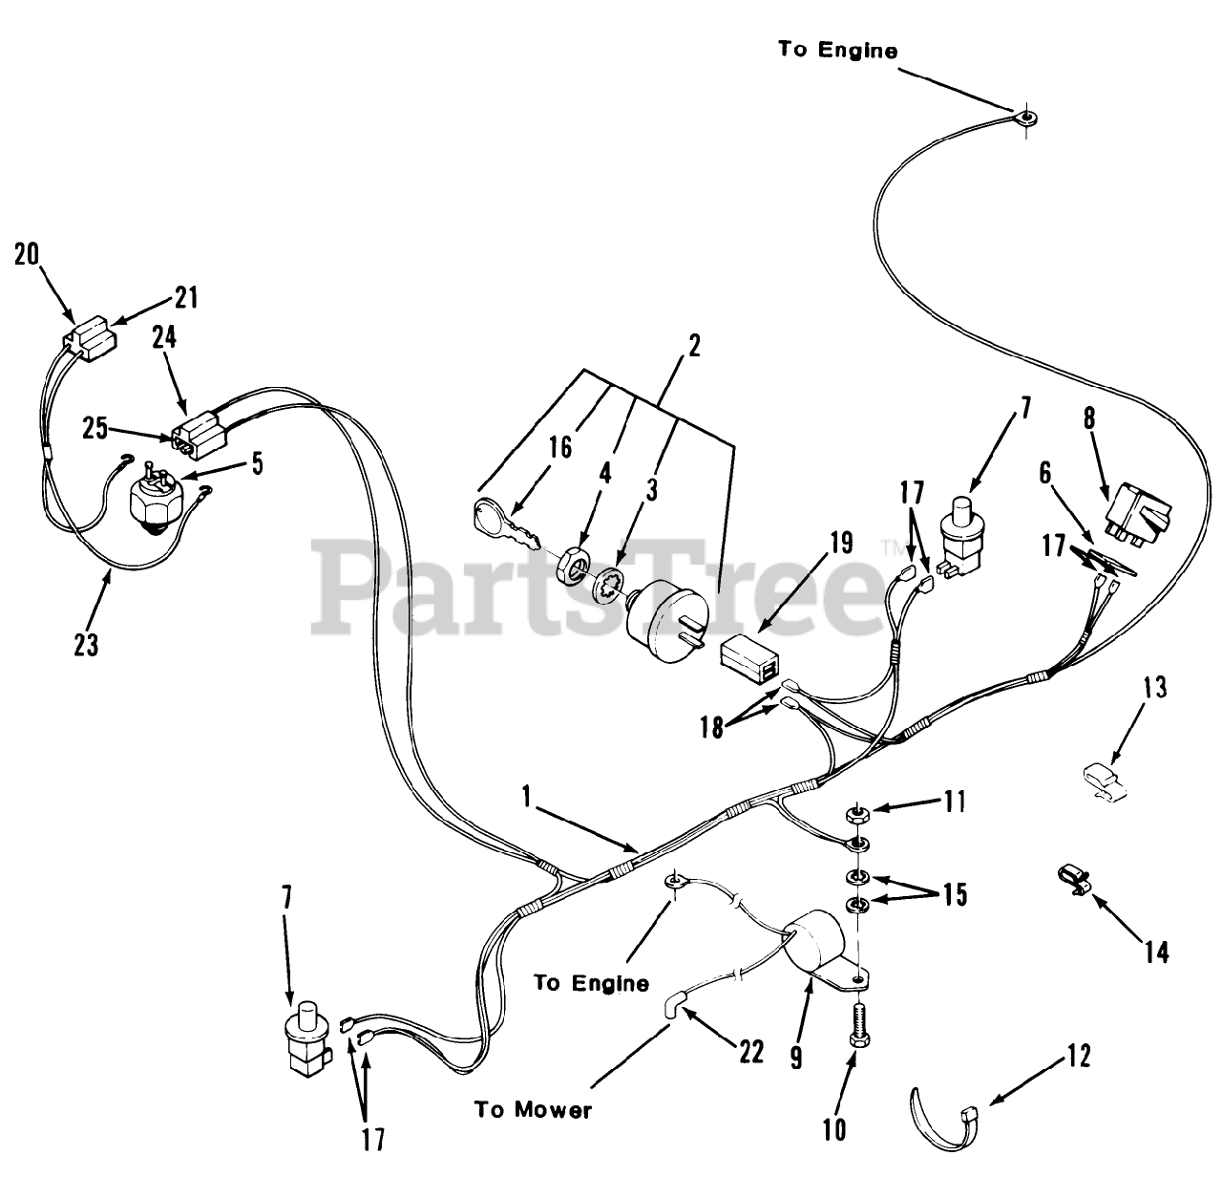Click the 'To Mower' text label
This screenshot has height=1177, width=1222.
(534, 1109)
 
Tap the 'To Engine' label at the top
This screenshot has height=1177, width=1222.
(837, 50)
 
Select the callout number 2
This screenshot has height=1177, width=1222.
(694, 346)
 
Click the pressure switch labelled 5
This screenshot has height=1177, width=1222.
(157, 498)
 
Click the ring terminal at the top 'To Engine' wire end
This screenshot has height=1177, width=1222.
(1027, 118)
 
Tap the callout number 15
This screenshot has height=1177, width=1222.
(954, 894)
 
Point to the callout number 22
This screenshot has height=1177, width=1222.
(751, 1052)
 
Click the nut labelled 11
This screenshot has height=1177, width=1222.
(856, 815)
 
